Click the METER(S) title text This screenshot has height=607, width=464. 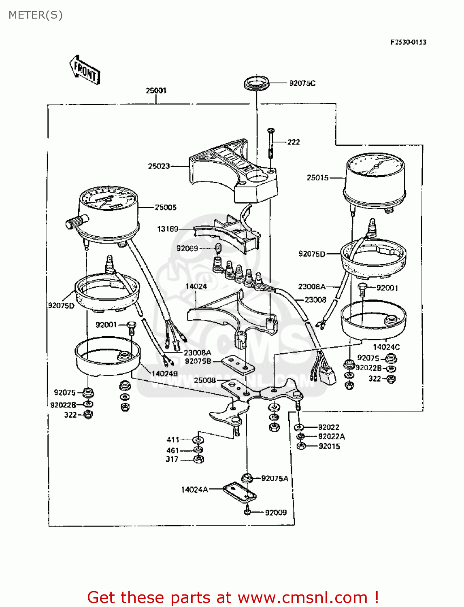pyautogui.click(x=36, y=15)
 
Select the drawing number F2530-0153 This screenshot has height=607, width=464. pyautogui.click(x=408, y=42)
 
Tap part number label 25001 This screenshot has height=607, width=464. pyautogui.click(x=156, y=90)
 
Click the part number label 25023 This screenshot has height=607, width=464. pyautogui.click(x=159, y=166)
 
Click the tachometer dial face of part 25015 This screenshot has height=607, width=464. pyautogui.click(x=375, y=165)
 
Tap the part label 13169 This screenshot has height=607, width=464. pyautogui.click(x=168, y=229)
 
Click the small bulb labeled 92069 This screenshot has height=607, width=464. pyautogui.click(x=218, y=248)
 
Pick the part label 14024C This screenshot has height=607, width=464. pyautogui.click(x=386, y=347)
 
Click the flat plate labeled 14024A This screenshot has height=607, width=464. pyautogui.click(x=240, y=491)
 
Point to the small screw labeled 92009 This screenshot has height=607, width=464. pyautogui.click(x=248, y=512)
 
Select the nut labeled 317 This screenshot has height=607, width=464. pyautogui.click(x=198, y=459)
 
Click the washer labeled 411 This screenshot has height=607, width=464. pyautogui.click(x=198, y=439)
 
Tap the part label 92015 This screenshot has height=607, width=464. pyautogui.click(x=329, y=446)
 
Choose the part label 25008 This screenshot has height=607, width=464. pyautogui.click(x=205, y=380)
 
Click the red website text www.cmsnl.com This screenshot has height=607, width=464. pyautogui.click(x=302, y=597)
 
